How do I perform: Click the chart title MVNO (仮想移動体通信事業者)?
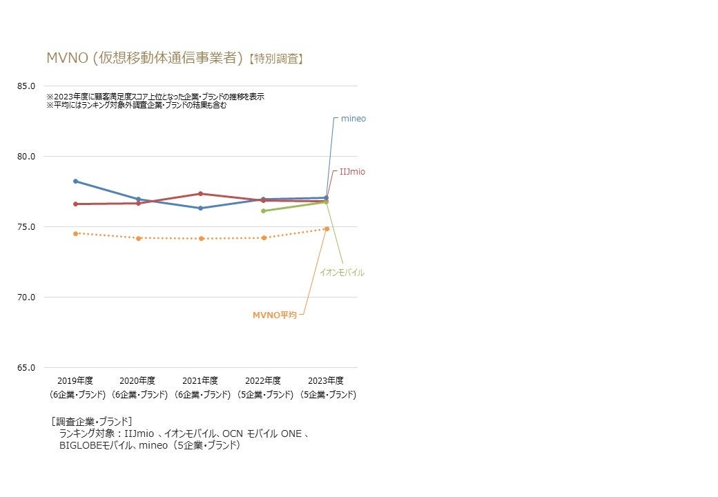tap(145, 58)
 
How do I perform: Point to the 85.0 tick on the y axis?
tap(26, 86)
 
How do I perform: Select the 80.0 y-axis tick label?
tap(26, 157)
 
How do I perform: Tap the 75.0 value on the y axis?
tap(26, 227)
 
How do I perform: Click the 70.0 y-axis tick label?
tap(26, 298)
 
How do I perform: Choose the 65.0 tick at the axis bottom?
tap(26, 368)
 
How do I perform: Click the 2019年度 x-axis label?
tap(75, 381)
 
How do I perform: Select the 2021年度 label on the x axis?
tap(200, 381)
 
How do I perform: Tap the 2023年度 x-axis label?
tap(326, 381)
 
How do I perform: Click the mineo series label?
tap(353, 119)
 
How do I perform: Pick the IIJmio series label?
tap(351, 172)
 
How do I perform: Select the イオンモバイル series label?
tap(342, 273)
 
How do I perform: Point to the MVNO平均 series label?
tap(274, 315)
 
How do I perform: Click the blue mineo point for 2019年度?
tap(75, 181)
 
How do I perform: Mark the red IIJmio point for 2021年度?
tap(200, 193)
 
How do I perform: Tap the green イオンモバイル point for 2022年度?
tap(263, 211)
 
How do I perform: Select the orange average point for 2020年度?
tap(138, 238)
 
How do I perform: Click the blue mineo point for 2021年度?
tap(200, 208)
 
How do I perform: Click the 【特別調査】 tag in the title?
tap(275, 59)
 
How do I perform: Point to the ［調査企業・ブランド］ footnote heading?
tap(92, 421)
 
